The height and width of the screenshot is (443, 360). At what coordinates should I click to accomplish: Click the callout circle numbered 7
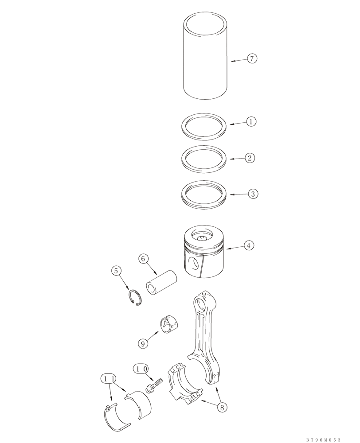click(x=252, y=58)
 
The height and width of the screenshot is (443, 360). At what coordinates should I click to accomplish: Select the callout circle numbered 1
click(x=251, y=121)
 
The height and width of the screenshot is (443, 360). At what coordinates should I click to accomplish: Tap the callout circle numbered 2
click(x=250, y=158)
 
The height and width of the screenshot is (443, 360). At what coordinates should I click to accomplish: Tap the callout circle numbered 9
click(x=143, y=343)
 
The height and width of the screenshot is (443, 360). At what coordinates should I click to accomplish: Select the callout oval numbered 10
click(x=140, y=368)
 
